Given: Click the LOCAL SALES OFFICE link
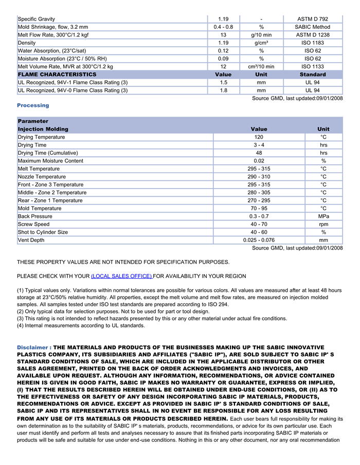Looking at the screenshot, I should (121, 276).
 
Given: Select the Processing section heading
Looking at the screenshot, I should (33, 105).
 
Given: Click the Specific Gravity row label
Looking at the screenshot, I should (37, 19).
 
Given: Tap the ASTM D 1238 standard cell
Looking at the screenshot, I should (313, 35).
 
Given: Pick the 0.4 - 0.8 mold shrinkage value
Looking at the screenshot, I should (223, 27).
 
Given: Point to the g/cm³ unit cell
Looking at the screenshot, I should (261, 43).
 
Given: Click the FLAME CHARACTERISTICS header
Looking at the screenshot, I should (57, 75).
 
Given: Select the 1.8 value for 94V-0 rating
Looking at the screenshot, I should (223, 90).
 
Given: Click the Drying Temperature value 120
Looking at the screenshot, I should (259, 137).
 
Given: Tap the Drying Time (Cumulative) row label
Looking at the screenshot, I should (48, 153).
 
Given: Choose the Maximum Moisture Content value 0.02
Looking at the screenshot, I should (259, 161).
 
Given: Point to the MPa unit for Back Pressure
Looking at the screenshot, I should (323, 216).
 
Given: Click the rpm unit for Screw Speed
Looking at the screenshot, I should (323, 225).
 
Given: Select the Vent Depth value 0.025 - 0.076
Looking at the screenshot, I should (259, 240).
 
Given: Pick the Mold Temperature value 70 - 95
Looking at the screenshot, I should (259, 209).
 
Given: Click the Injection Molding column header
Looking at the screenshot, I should (43, 129).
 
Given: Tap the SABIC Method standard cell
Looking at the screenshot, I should (313, 27).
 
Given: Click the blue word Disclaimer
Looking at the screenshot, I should (32, 347).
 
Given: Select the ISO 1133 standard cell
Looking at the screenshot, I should (313, 67).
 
